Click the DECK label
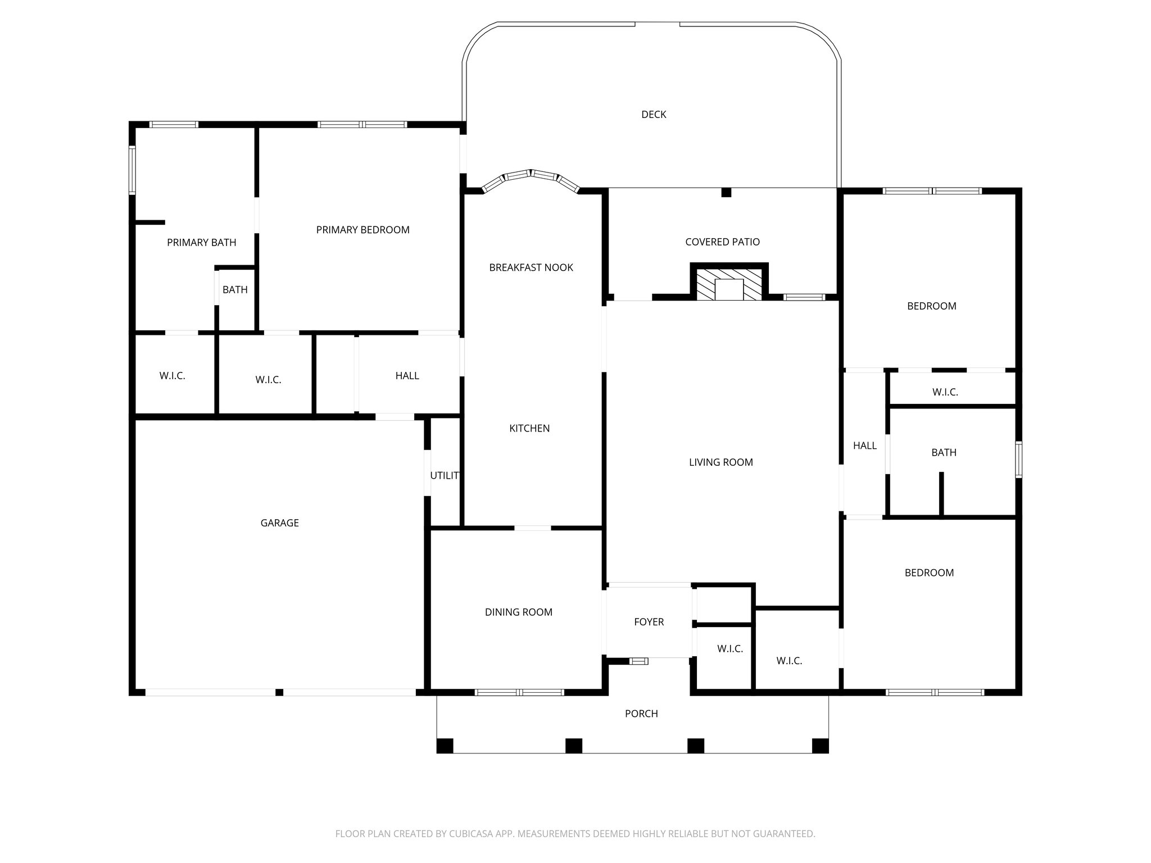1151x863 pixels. [x=654, y=115]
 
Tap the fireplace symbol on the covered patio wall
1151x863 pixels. [x=729, y=284]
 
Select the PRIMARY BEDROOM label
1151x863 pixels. [x=362, y=230]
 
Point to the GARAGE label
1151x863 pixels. [x=279, y=523]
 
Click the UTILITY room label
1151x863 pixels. [x=445, y=476]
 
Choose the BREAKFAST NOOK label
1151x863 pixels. [x=531, y=267]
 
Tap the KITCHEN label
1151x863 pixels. [x=529, y=428]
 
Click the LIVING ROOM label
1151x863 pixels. [x=720, y=462]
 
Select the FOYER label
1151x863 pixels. [x=649, y=622]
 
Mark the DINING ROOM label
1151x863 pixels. [x=518, y=612]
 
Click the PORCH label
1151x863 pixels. [x=641, y=714]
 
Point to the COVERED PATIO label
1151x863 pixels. [x=722, y=242]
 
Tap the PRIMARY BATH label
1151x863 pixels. [x=201, y=243]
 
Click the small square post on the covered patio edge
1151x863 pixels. [x=726, y=192]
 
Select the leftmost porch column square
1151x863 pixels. [x=445, y=746]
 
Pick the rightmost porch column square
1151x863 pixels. [x=820, y=746]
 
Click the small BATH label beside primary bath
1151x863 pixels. [x=235, y=290]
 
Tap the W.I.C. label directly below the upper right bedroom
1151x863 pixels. [x=945, y=392]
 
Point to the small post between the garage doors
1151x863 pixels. [x=279, y=692]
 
